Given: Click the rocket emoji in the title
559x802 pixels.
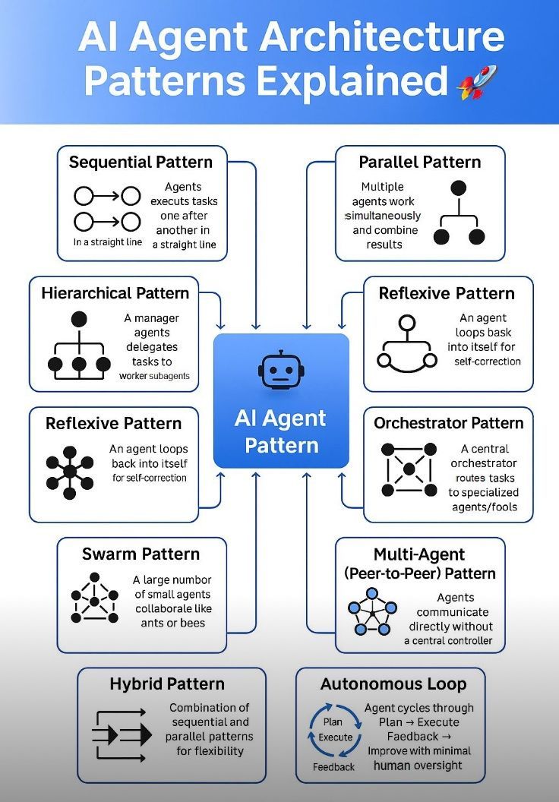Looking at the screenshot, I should [477, 83].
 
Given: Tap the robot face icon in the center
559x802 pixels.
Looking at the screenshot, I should [281, 370].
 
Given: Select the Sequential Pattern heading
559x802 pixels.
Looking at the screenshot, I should [141, 162].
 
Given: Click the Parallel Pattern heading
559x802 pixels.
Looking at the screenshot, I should [419, 162].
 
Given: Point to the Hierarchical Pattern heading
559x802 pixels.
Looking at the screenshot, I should [115, 292].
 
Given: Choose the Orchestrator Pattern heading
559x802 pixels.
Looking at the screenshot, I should [448, 423].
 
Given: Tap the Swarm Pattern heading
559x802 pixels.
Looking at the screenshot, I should [141, 554].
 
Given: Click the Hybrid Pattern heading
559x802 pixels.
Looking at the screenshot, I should [167, 684].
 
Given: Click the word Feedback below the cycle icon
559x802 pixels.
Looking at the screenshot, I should [334, 767].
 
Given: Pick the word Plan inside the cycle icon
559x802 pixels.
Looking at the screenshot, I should [333, 721].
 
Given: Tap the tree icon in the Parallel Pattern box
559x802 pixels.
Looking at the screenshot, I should [458, 213].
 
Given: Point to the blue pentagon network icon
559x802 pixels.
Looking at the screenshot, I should [373, 609].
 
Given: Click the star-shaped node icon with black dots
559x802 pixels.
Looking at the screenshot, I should [70, 472].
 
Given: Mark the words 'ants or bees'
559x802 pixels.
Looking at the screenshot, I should [173, 623].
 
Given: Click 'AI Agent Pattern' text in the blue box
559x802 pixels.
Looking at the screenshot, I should [281, 431].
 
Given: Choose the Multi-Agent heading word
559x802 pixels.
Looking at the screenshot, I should [419, 554].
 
